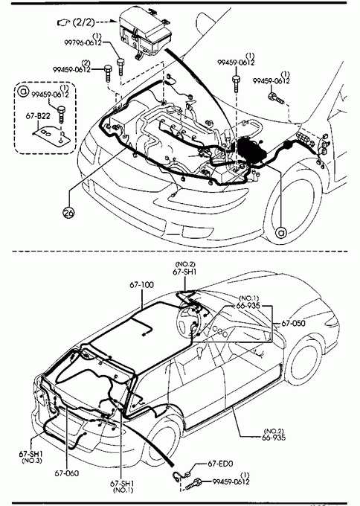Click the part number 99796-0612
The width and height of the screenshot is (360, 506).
83,42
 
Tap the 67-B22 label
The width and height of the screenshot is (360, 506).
38,115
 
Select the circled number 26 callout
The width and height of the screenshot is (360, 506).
69,212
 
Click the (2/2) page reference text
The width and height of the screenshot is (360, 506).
83,22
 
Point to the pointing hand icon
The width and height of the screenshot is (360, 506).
63,22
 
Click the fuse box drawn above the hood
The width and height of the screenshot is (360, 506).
144,31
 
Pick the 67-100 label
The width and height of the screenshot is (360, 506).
142,284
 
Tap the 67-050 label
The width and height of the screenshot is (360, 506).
293,323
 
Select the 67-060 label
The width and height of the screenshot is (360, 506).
67,473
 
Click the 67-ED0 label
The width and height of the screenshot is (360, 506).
220,464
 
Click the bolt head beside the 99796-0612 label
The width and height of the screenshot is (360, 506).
120,61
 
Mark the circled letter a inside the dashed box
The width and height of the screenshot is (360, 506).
23,92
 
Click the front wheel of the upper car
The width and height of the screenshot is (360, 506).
295,202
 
